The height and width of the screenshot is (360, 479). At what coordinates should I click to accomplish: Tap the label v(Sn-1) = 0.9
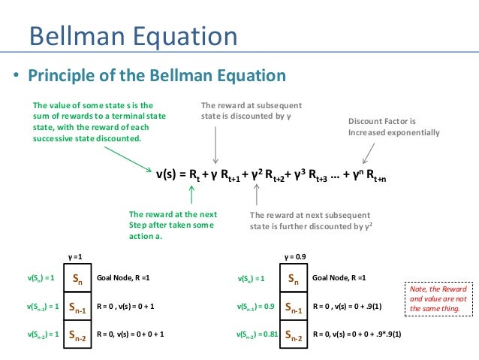253,307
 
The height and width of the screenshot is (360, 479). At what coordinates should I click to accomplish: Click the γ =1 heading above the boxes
77,256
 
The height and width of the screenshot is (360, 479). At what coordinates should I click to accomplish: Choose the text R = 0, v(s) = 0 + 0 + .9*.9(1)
356,335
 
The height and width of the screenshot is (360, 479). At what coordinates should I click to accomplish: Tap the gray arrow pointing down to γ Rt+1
216,143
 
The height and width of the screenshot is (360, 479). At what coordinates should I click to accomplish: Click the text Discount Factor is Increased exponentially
393,127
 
